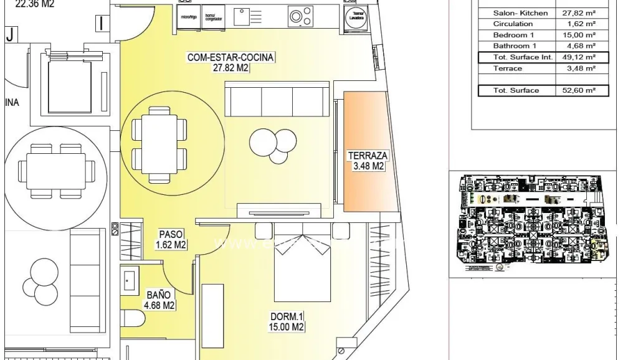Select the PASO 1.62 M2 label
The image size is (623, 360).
pyautogui.click(x=171, y=240)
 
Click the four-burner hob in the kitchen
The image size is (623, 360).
pyautogui.click(x=300, y=16)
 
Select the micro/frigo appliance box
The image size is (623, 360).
pyautogui.click(x=188, y=17)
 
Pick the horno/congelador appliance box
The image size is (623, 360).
pyautogui.click(x=214, y=17)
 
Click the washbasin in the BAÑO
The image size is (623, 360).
pyautogui.click(x=130, y=278)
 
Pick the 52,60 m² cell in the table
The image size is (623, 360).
pyautogui.click(x=574, y=90)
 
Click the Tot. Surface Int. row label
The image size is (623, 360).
pyautogui.click(x=516, y=57)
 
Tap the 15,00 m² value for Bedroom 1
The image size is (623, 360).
pyautogui.click(x=574, y=35)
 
